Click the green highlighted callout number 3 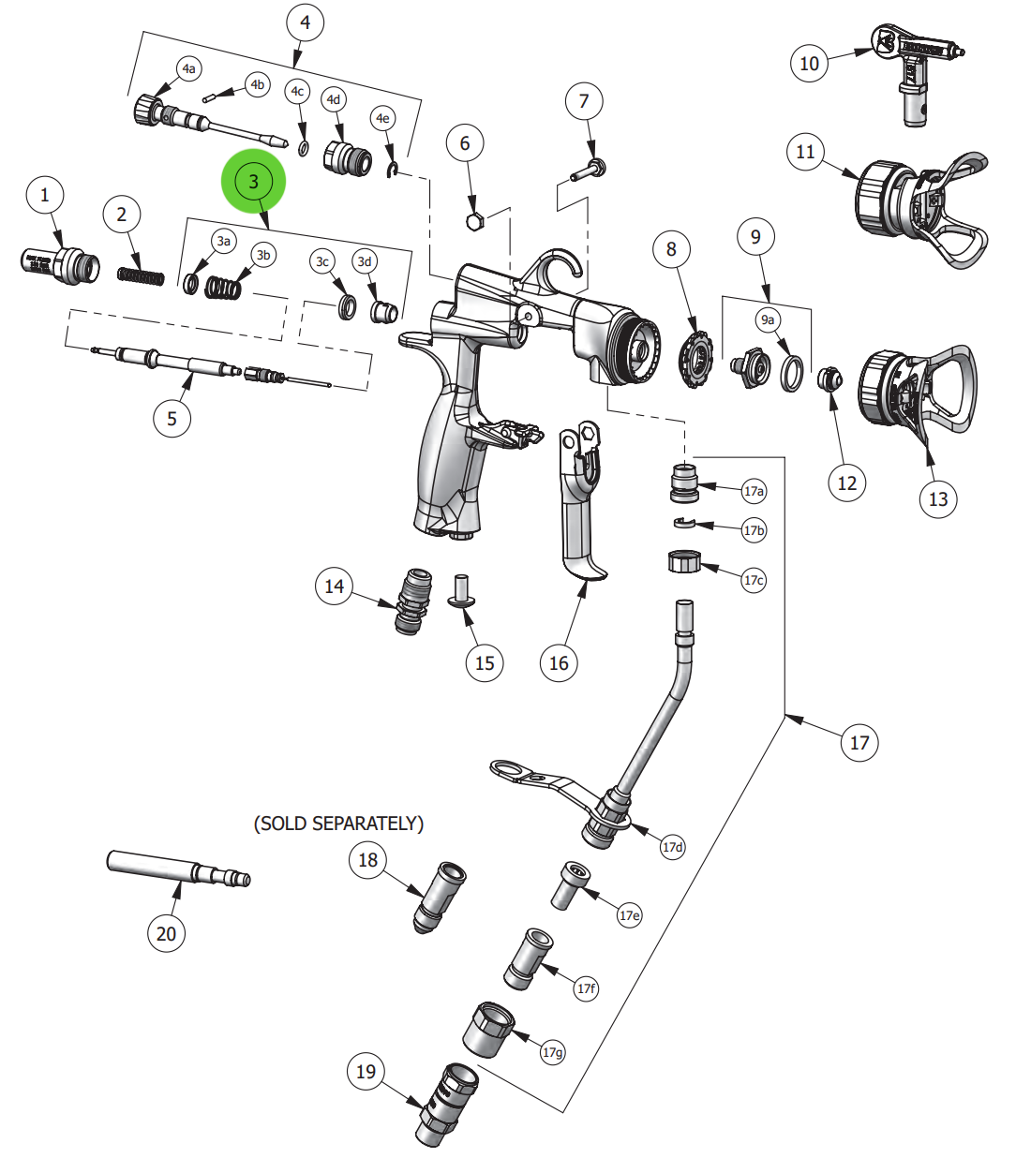tap(253, 181)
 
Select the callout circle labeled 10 tap(809, 64)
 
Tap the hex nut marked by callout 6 tap(474, 222)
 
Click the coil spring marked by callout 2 tap(141, 275)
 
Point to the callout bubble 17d tap(672, 847)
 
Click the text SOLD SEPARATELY tap(338, 824)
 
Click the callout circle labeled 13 tap(938, 499)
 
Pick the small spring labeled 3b tap(222, 289)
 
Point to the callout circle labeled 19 tap(366, 1072)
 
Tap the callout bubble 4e tap(381, 118)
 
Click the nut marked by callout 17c tap(684, 562)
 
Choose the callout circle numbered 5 tap(172, 418)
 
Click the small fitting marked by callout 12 tap(829, 379)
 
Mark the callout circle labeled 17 tap(859, 743)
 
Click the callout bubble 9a tap(768, 320)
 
